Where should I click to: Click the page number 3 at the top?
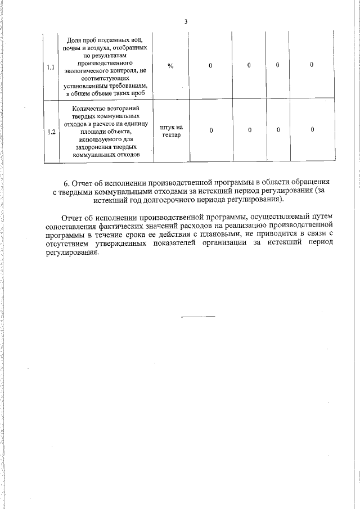pos(186,21)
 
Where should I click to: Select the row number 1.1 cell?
pos(51,67)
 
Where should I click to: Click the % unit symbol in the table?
pos(170,66)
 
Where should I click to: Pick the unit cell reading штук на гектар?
pos(171,131)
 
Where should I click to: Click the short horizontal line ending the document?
pos(198,317)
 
